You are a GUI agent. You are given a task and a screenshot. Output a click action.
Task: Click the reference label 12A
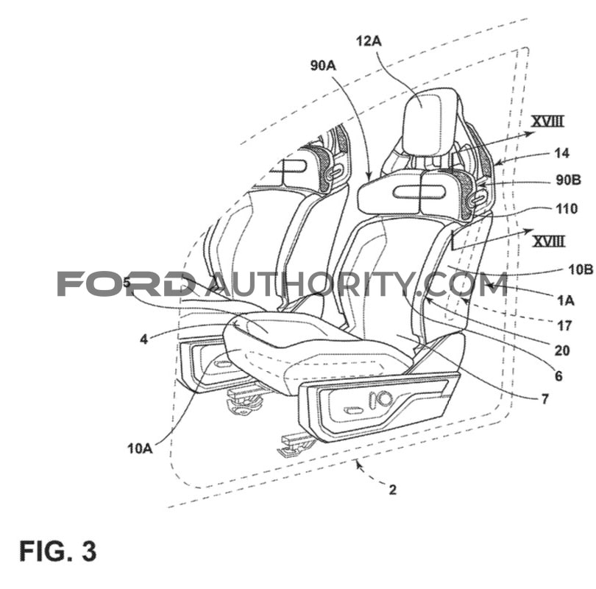(369, 40)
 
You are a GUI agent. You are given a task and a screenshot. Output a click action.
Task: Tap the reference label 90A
(324, 66)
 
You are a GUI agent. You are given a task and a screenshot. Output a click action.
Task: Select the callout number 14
(562, 153)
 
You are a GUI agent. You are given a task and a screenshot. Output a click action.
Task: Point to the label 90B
(569, 180)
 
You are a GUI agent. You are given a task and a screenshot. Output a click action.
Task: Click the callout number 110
(567, 208)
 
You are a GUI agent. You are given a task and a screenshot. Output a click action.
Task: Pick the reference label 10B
(581, 269)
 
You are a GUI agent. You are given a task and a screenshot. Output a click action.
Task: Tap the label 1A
(566, 300)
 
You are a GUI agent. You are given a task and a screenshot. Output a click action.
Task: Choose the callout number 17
(564, 325)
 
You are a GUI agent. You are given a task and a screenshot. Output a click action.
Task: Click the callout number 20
(563, 350)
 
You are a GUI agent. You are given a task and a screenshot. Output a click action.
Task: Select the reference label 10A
(140, 448)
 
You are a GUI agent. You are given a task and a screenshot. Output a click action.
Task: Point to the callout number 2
(393, 490)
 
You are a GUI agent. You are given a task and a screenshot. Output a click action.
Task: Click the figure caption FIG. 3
(58, 551)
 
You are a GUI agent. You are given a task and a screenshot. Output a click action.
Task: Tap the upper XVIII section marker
(547, 121)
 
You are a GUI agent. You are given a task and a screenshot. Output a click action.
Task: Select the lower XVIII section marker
(548, 241)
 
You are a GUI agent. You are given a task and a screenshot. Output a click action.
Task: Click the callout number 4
(143, 339)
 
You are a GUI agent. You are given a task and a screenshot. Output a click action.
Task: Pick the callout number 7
(545, 399)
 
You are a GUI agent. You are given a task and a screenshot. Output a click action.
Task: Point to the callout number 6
(558, 376)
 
